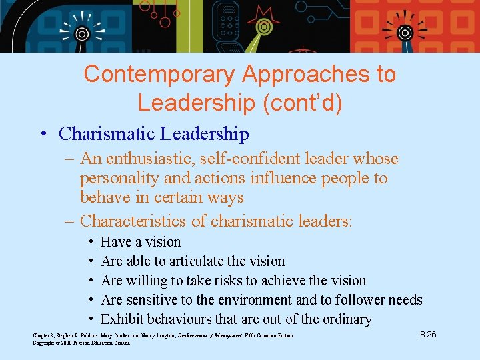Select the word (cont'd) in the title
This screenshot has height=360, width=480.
(293, 102)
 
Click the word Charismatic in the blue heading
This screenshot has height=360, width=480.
(106, 134)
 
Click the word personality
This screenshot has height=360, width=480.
(117, 178)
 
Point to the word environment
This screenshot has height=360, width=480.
(255, 300)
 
